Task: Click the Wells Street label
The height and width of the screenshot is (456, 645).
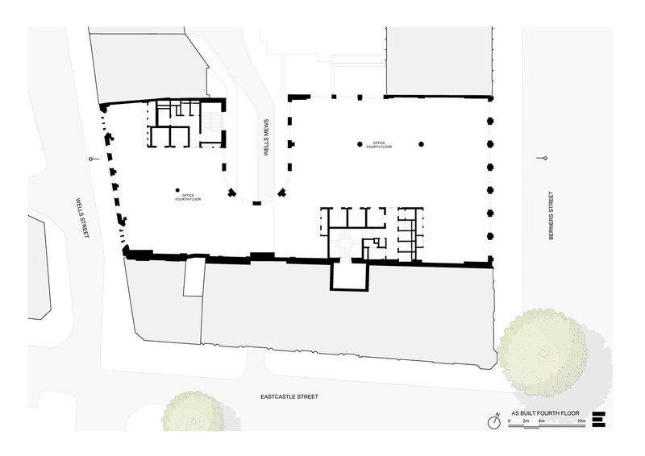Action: pos(82,218)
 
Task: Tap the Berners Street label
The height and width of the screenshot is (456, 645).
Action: pos(551,215)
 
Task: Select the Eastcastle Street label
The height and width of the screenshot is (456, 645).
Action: pos(289,397)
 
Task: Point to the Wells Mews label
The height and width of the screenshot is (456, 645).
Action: pos(266,137)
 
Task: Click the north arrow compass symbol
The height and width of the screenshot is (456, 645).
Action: pos(494,421)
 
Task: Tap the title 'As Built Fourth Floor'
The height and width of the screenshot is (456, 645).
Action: pos(545,413)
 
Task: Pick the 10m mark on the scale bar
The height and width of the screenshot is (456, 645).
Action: pos(580,421)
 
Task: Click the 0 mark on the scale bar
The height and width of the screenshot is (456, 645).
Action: pos(509,421)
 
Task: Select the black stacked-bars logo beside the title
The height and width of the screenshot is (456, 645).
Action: pos(599,420)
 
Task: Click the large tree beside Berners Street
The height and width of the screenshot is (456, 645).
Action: pos(542,353)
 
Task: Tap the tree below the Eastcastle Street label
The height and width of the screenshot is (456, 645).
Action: pos(193,412)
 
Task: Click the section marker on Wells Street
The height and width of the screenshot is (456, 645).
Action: pos(94,159)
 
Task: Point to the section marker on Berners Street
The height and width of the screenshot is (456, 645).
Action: pos(543,158)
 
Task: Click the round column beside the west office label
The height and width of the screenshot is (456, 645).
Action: pos(177,190)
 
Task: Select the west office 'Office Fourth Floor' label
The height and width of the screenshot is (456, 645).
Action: pos(188,197)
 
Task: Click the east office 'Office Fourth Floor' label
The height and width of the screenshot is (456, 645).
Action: pos(379,145)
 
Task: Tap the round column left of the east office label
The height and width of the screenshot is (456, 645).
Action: pos(360,144)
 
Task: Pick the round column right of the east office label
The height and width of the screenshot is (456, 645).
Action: pos(421,144)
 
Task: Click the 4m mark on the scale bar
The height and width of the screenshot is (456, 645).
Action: pos(541,421)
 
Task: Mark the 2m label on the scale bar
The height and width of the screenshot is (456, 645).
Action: pos(526,421)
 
